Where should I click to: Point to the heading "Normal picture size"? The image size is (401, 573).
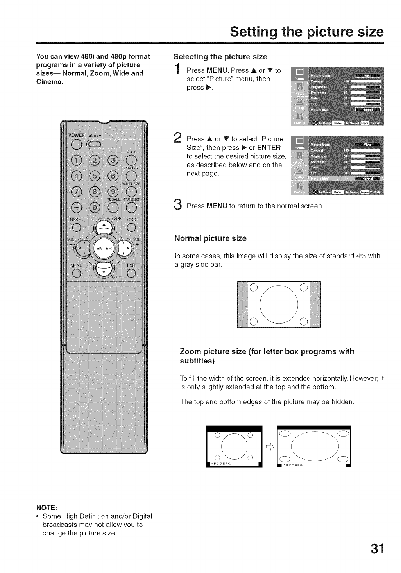tap(210, 238)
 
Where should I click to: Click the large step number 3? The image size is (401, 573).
tap(177, 205)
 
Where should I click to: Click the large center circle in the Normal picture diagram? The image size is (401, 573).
tap(279, 304)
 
